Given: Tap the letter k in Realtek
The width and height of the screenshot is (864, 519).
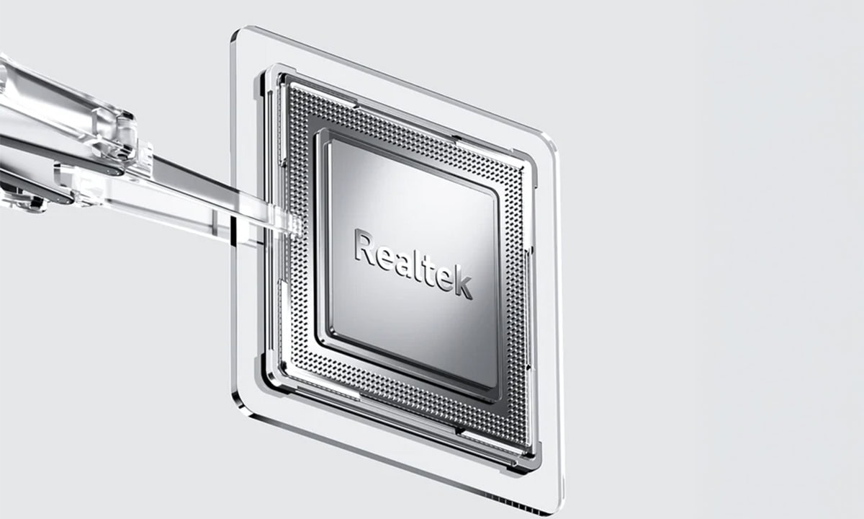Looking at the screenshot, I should tap(463, 285).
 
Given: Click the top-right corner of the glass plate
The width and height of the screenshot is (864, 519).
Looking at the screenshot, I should tap(550, 140).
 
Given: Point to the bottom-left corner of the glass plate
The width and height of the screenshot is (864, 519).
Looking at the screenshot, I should tap(238, 411).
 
